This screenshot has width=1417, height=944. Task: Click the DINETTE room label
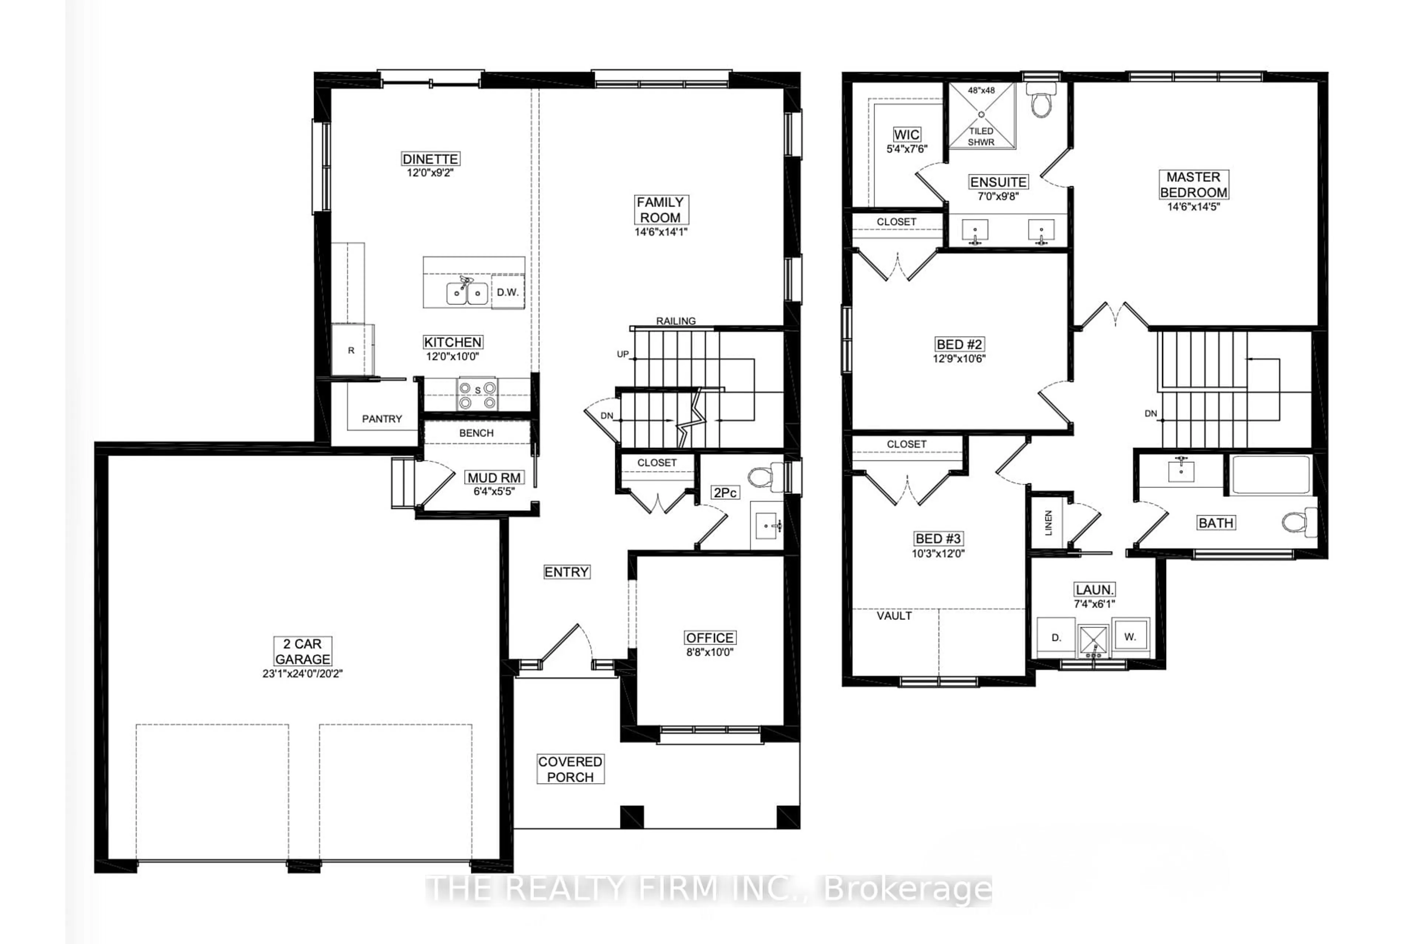(430, 159)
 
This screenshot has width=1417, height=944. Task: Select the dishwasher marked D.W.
(508, 292)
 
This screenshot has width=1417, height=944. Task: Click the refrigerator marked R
(352, 350)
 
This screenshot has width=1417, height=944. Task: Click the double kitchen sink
(467, 293)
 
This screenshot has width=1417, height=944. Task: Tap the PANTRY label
(382, 419)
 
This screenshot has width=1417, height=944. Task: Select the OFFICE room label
(710, 638)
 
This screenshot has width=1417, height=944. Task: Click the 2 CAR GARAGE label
(303, 652)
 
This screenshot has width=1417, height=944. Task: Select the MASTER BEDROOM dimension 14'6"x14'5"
(1193, 206)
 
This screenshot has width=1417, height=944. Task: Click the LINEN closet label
(1048, 523)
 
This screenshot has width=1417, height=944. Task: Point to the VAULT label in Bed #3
(894, 616)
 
